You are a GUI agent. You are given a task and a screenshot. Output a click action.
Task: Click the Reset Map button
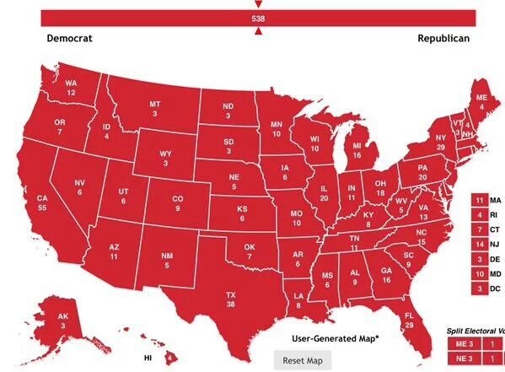tap(303, 360)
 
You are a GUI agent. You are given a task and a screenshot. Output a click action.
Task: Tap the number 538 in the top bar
tap(258, 18)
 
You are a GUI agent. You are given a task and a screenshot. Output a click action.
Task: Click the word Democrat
tap(69, 39)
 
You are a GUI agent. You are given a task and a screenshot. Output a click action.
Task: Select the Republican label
tap(443, 39)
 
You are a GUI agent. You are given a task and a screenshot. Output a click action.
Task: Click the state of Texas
tap(228, 299)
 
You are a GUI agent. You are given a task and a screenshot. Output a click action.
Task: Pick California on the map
tap(42, 203)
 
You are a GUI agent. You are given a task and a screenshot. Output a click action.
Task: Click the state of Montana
tap(154, 109)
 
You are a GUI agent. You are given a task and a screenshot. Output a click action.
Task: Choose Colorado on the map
tap(177, 203)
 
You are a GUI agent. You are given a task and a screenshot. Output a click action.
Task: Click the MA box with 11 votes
tap(479, 200)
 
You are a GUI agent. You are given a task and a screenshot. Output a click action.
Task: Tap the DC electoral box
tap(479, 288)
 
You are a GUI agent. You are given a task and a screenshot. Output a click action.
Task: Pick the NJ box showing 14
tap(479, 245)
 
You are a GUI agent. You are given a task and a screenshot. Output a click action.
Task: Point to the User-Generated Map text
tap(336, 338)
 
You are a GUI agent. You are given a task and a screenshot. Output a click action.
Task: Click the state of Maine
tap(481, 103)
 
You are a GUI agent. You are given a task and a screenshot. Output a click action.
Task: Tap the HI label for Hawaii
tap(148, 359)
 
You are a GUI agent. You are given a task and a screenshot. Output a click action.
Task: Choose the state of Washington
tap(71, 87)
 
